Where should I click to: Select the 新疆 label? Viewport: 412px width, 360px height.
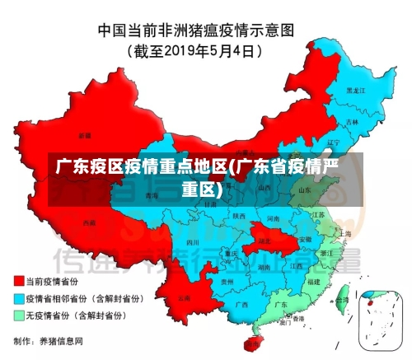click(x=85, y=134)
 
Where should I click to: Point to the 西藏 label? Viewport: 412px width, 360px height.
click(x=89, y=222)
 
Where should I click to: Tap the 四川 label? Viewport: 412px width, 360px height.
click(x=193, y=243)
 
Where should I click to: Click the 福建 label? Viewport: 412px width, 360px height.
click(x=313, y=281)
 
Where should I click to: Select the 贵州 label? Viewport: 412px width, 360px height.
click(x=217, y=280)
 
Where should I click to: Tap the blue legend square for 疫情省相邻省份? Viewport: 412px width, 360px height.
click(x=18, y=298)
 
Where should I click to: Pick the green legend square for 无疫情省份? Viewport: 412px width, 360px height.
click(x=18, y=315)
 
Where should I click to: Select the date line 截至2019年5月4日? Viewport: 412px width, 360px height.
click(x=196, y=50)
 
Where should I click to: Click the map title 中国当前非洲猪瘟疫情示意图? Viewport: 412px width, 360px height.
click(x=195, y=30)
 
